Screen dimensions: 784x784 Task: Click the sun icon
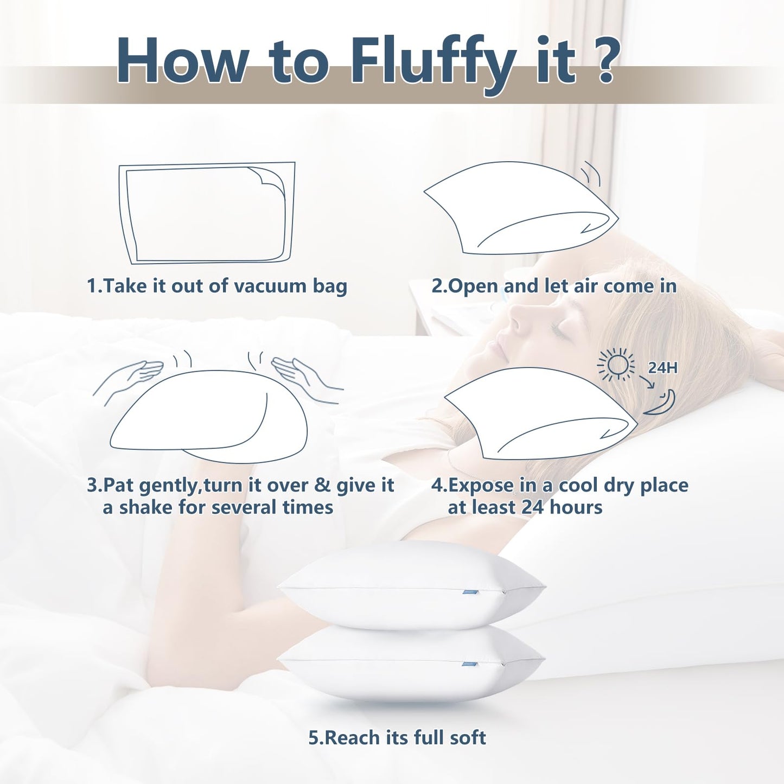click(616, 365)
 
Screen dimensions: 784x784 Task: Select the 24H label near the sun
click(662, 368)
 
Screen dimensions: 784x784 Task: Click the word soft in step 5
click(467, 738)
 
